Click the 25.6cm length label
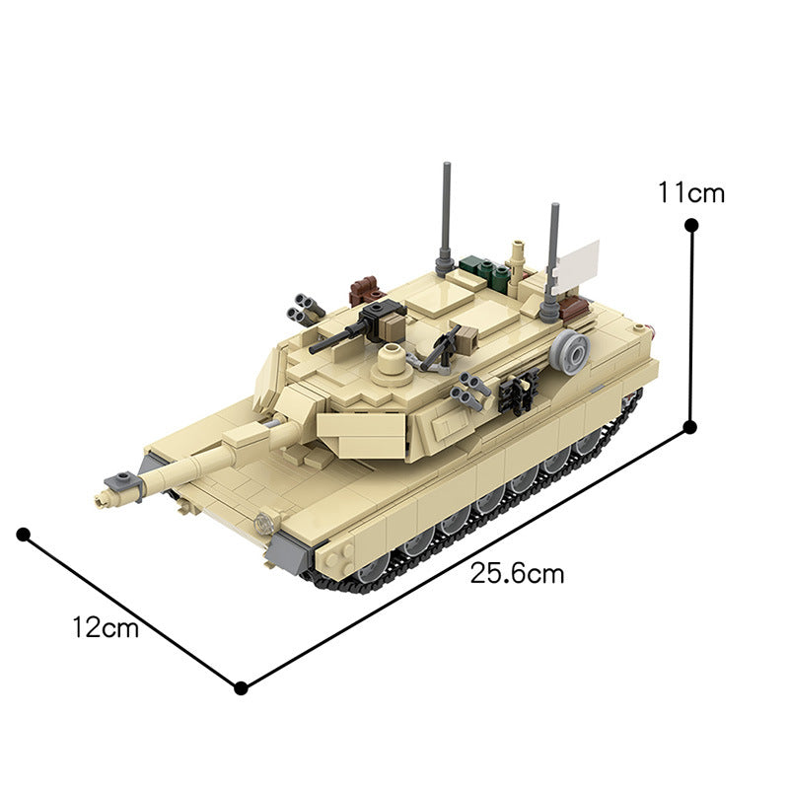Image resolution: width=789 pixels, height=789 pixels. tap(517, 574)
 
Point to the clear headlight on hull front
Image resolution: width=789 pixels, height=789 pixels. tap(262, 521)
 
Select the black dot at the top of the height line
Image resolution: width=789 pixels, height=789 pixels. tap(691, 226)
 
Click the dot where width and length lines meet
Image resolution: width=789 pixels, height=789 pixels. tap(240, 687)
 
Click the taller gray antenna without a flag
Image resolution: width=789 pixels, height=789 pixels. tap(447, 213)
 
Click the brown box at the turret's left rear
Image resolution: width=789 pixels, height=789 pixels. tap(366, 289)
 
